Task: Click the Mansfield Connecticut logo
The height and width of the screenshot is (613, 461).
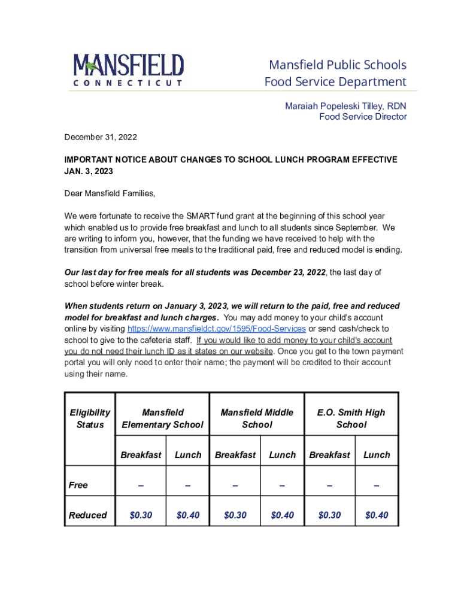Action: click(128, 70)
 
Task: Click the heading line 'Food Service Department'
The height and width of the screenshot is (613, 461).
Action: click(335, 81)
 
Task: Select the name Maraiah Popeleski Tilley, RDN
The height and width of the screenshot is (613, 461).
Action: click(345, 106)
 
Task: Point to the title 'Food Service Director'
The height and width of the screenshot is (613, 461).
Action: click(362, 117)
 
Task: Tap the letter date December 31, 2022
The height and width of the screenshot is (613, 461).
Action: click(101, 137)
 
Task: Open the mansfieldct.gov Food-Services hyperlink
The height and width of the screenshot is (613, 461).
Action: click(217, 329)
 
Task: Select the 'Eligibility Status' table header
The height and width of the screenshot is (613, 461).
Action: click(90, 418)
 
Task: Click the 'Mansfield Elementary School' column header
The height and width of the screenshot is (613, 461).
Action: click(162, 418)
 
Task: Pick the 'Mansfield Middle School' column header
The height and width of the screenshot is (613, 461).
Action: click(257, 418)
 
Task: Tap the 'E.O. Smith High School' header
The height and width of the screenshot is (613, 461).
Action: click(351, 418)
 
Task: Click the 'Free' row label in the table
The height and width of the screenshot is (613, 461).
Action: click(78, 485)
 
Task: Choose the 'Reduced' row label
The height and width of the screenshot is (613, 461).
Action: click(88, 515)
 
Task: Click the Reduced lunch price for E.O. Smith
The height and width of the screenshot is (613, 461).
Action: click(376, 515)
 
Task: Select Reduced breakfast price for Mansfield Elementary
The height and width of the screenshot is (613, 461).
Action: click(141, 515)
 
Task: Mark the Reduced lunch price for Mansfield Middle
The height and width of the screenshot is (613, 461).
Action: click(282, 515)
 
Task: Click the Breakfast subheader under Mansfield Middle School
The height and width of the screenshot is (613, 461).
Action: click(235, 455)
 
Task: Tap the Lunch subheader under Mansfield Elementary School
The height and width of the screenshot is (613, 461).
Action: click(188, 455)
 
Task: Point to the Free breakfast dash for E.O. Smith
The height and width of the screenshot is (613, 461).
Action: click(329, 485)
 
